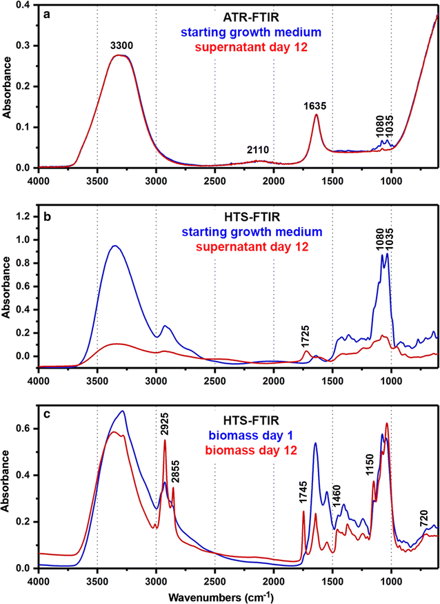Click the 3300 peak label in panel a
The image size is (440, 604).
[x=122, y=46]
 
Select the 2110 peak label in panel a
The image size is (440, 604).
[x=257, y=150]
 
